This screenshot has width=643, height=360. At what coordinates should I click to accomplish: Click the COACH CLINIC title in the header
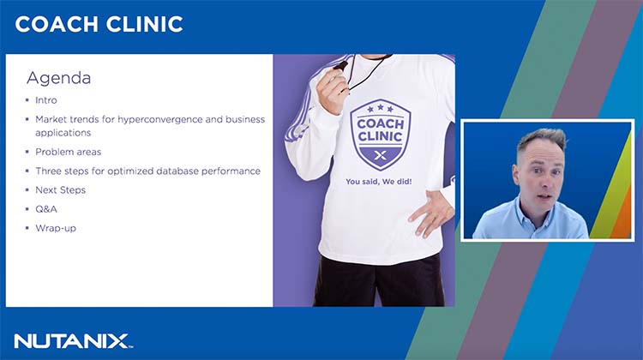(x=99, y=24)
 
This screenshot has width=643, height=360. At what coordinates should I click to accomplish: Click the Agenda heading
(x=58, y=78)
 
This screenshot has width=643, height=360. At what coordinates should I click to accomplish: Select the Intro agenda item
(x=46, y=100)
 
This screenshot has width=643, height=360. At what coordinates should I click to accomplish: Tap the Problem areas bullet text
(x=68, y=152)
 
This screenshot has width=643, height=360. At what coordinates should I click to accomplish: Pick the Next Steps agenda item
(x=60, y=189)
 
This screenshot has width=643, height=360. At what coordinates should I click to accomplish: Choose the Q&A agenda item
(x=45, y=208)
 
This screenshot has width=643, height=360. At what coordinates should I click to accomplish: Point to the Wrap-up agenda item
(x=56, y=228)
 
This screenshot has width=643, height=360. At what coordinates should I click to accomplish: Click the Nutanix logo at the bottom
(x=72, y=340)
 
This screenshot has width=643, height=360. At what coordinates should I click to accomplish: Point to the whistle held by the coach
(x=341, y=66)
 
